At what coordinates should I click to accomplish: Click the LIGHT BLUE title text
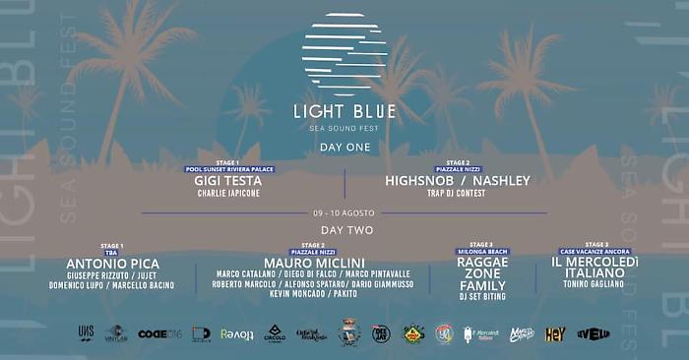tap(344, 111)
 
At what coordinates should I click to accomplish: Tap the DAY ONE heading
tap(344, 147)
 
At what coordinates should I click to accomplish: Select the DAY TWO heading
tap(344, 229)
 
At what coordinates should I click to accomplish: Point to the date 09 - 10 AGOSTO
tap(344, 213)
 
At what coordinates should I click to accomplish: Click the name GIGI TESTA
tap(229, 181)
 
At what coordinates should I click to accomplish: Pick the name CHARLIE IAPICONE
tap(229, 194)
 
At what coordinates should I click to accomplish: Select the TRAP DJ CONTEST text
tap(458, 194)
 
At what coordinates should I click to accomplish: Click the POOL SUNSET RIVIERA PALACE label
tap(229, 169)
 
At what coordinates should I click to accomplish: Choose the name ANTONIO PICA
tap(112, 264)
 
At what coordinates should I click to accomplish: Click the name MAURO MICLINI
tap(313, 264)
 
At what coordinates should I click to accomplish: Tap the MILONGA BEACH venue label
tap(482, 252)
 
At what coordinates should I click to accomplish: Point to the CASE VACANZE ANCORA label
tap(595, 252)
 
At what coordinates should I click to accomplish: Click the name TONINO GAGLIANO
tap(595, 284)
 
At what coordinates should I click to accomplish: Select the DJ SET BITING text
tap(482, 295)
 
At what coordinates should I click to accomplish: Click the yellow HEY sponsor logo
tap(555, 334)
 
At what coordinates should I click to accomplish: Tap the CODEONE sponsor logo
tap(158, 334)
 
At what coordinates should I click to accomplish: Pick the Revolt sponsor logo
tap(236, 334)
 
